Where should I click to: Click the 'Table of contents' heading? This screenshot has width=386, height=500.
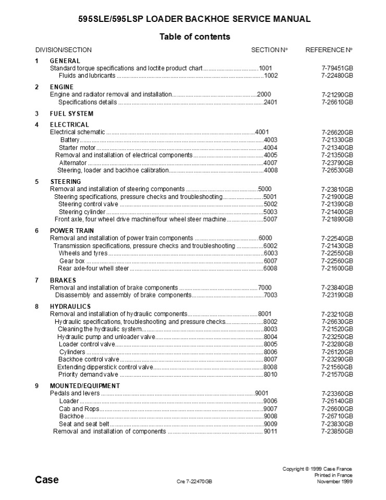pyautogui.click(x=194, y=36)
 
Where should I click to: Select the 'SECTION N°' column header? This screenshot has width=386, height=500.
pyautogui.click(x=269, y=50)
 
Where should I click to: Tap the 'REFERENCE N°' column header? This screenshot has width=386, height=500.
pyautogui.click(x=329, y=50)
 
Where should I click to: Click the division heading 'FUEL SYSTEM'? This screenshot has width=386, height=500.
pyautogui.click(x=72, y=114)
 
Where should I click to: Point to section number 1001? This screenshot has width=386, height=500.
pyautogui.click(x=266, y=68)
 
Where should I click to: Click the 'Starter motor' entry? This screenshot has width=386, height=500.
pyautogui.click(x=76, y=147)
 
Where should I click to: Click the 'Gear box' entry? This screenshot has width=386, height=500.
pyautogui.click(x=72, y=261)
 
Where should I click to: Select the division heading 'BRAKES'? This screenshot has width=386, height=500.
pyautogui.click(x=63, y=280)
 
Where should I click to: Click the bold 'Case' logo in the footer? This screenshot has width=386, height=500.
pyautogui.click(x=47, y=480)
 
